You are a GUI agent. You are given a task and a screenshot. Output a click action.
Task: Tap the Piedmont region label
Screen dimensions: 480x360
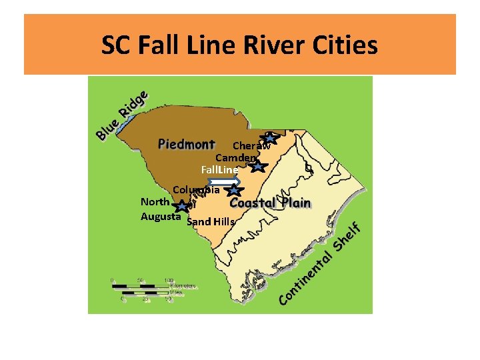coord(187,143)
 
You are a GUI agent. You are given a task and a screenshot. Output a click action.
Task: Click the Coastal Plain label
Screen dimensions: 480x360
coord(271,202)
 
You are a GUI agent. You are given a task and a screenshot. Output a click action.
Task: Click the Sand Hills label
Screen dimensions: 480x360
coord(211,221)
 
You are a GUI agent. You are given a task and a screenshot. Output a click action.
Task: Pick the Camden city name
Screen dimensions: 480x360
coord(235,158)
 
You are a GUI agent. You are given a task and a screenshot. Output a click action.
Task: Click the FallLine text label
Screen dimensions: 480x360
coord(219,170)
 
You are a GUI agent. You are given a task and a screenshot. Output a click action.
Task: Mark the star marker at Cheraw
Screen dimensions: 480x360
coord(268,138)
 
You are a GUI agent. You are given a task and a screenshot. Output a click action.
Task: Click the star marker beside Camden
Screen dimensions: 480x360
coord(259,166)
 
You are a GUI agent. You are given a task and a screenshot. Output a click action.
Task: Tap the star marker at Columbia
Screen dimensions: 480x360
coord(233,191)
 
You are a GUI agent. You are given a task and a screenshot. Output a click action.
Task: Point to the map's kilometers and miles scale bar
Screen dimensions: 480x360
coord(141,288)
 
